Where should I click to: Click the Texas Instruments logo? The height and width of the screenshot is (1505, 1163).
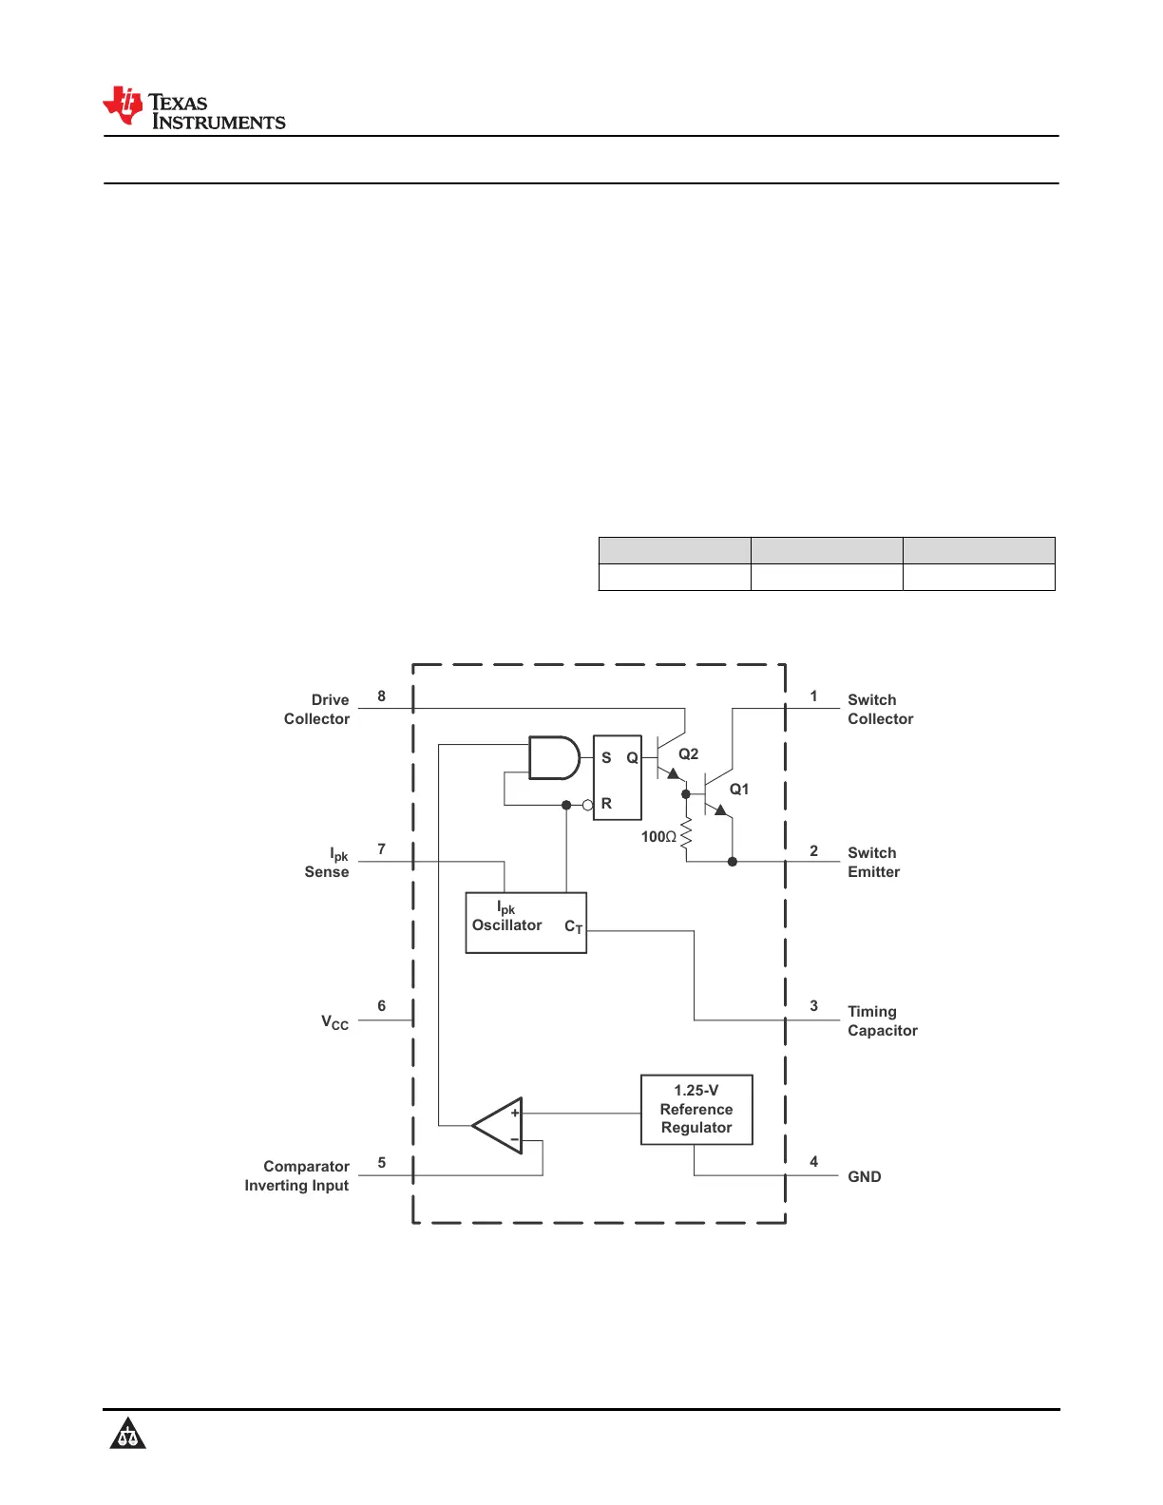tap(194, 108)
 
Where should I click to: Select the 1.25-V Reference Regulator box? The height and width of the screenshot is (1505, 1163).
tap(696, 1109)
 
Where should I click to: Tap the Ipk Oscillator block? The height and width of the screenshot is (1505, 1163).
tap(525, 923)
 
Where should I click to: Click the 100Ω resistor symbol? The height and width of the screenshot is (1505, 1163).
tap(686, 836)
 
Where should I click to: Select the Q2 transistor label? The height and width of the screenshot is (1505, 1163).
tap(688, 753)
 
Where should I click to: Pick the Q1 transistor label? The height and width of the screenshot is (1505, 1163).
tap(738, 789)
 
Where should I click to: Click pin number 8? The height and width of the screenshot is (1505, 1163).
tap(381, 696)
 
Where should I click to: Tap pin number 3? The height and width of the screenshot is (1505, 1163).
tap(813, 1005)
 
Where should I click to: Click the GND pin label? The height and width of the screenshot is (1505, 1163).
tap(864, 1176)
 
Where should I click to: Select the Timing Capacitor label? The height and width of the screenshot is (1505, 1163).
tap(882, 1020)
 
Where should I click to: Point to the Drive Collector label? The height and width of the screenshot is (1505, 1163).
tap(317, 709)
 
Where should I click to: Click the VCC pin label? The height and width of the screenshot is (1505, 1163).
tap(334, 1022)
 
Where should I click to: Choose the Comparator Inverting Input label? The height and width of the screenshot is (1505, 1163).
tap(297, 1175)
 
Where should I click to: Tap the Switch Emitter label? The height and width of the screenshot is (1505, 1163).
tap(873, 862)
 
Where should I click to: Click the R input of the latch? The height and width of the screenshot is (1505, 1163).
tap(606, 803)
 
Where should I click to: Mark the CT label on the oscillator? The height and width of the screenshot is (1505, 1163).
tap(573, 926)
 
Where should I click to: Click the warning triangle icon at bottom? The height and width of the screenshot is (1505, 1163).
tap(127, 1434)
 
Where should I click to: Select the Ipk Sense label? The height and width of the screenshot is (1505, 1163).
tap(328, 863)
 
